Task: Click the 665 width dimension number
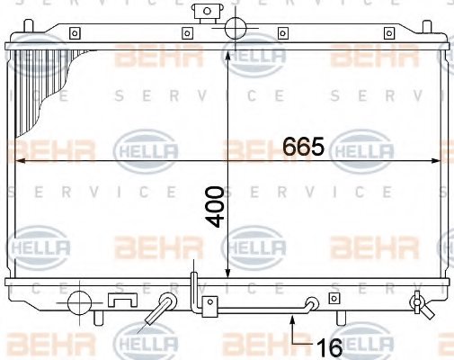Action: coord(304,147)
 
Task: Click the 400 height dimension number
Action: coord(215,207)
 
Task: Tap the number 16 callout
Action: coord(329,347)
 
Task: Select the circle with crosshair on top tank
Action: coord(236,28)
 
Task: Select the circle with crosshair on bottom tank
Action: coord(79,303)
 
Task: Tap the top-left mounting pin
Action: coord(28,26)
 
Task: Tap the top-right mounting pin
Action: coord(427,26)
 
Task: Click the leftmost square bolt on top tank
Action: coord(75,33)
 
